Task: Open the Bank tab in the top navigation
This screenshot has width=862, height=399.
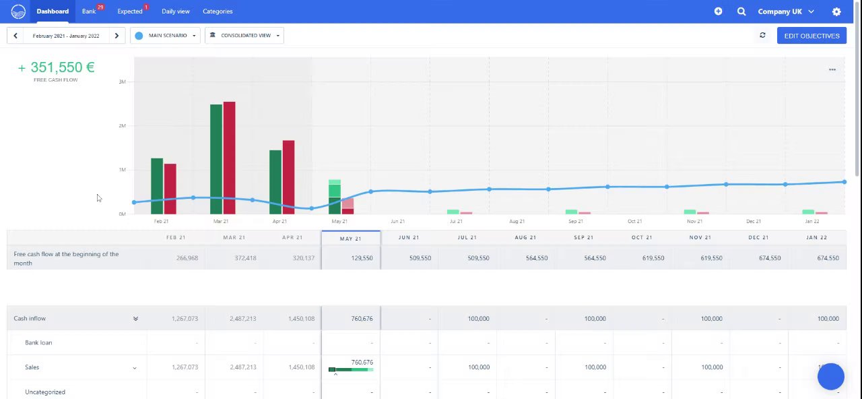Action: coord(89,11)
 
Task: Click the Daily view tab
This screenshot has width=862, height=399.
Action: coord(175,11)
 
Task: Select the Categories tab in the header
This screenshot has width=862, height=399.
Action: coord(218,11)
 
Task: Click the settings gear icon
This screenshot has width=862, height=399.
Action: coord(836,11)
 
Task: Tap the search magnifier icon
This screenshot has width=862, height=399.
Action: coord(741,11)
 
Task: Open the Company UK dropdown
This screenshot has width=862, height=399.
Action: coord(785,11)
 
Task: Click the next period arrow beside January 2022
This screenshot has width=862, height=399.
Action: coord(117,36)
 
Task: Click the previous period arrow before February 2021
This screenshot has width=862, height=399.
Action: coord(15,36)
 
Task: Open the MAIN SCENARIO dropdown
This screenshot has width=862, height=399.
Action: coord(165,36)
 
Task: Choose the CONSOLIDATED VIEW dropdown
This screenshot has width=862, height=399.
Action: coord(244,36)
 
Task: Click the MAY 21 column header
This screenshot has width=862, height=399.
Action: coord(351,238)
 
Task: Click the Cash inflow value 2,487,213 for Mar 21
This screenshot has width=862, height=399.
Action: coord(242,319)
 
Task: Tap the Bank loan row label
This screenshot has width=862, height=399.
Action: coord(38,343)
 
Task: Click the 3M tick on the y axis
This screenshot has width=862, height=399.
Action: coord(122,82)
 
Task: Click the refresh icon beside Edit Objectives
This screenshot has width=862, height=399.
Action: coord(762,36)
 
